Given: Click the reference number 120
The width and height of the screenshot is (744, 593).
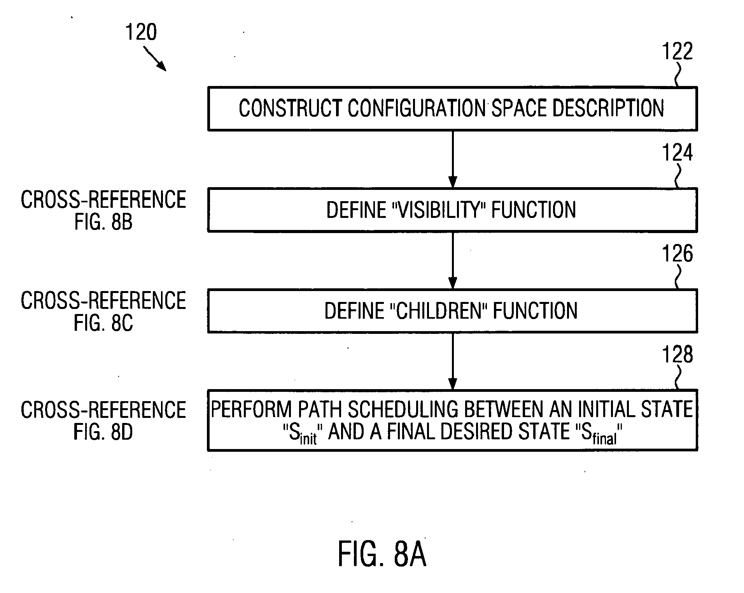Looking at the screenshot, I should (141, 32).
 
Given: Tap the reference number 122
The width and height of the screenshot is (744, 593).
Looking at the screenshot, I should (677, 51).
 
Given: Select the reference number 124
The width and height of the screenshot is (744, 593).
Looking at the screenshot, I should (677, 153).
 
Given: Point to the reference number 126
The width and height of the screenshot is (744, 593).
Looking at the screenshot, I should (677, 254).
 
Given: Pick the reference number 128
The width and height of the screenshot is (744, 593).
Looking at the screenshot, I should (677, 354).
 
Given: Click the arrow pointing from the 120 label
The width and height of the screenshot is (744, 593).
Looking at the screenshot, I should (155, 59).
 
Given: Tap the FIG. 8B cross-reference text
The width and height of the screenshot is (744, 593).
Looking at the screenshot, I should (103, 222).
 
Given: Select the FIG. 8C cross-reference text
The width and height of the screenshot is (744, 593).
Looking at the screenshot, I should (103, 323).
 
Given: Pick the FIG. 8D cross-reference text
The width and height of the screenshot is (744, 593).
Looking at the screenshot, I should (103, 432).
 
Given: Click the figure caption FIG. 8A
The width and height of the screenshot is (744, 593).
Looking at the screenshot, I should (382, 554).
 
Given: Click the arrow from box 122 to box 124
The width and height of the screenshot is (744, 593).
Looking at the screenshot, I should (452, 160).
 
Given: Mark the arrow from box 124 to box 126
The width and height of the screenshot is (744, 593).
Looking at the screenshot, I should (452, 261).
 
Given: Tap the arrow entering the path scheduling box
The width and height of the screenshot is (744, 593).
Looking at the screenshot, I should (452, 361).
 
